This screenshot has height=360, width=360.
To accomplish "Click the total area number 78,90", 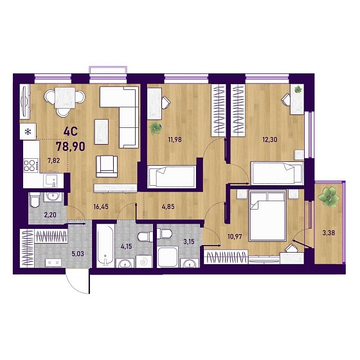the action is point(71,147).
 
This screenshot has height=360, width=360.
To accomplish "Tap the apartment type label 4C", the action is point(71,132).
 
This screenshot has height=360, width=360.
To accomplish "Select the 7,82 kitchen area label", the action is point(53,161).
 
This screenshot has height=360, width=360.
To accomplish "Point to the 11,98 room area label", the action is point(175,139).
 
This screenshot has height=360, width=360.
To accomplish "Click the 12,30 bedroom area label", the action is point(270,139).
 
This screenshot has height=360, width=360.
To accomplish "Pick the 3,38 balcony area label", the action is point(328,233).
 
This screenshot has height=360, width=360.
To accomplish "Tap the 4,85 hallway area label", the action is point(168,206).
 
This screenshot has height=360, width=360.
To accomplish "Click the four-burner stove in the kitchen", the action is point(31,166).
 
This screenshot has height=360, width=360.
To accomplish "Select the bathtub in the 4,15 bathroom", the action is point(105,246).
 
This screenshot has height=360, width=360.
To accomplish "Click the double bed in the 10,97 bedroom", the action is point(267,215).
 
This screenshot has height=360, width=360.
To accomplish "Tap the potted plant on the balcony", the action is point(328,197).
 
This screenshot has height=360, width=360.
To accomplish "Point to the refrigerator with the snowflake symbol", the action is point(28,132).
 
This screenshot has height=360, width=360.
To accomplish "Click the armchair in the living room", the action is point(107,166).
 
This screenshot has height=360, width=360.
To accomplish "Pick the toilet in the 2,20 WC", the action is point(35,200).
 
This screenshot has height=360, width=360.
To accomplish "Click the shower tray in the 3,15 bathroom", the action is point(168,257).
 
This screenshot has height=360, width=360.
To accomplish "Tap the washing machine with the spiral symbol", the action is point(144,262).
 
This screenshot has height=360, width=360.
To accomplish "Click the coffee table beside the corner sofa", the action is point(102,132).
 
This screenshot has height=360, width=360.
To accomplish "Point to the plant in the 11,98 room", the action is point(156,129).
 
